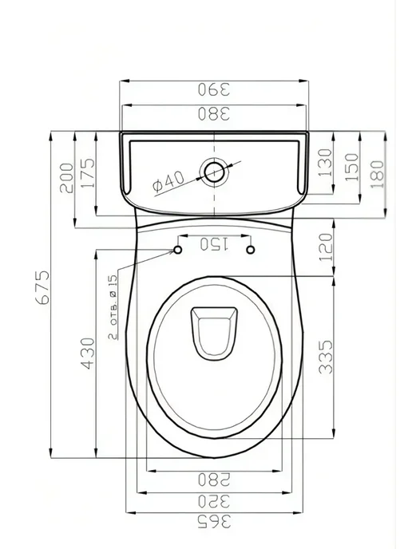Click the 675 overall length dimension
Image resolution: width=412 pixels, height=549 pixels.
(x=43, y=287)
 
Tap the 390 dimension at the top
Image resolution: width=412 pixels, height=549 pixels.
(x=214, y=89)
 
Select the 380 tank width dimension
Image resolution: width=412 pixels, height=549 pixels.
(x=214, y=113)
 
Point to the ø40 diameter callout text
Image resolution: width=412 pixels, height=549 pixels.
(x=168, y=181)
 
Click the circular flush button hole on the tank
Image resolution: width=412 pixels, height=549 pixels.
(x=214, y=172)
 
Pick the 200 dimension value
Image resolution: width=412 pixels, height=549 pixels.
(x=67, y=178)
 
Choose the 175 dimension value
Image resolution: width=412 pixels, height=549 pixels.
(x=88, y=173)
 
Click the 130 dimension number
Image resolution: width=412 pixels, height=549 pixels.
(x=325, y=163)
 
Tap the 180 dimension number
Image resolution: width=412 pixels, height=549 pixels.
(x=378, y=174)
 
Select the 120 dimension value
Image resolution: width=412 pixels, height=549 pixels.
(x=326, y=247)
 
